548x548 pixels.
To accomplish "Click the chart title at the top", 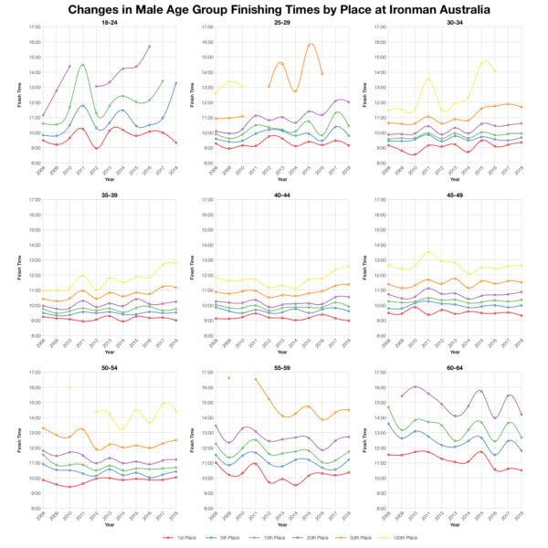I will (274, 9).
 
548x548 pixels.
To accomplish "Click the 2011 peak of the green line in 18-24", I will (83, 65).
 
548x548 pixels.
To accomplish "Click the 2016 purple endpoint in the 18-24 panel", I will (150, 46).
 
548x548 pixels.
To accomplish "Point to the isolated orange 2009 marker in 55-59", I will (229, 378).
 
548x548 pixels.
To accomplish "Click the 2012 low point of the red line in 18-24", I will (96, 148).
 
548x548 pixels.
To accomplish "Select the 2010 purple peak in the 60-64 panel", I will (416, 387).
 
